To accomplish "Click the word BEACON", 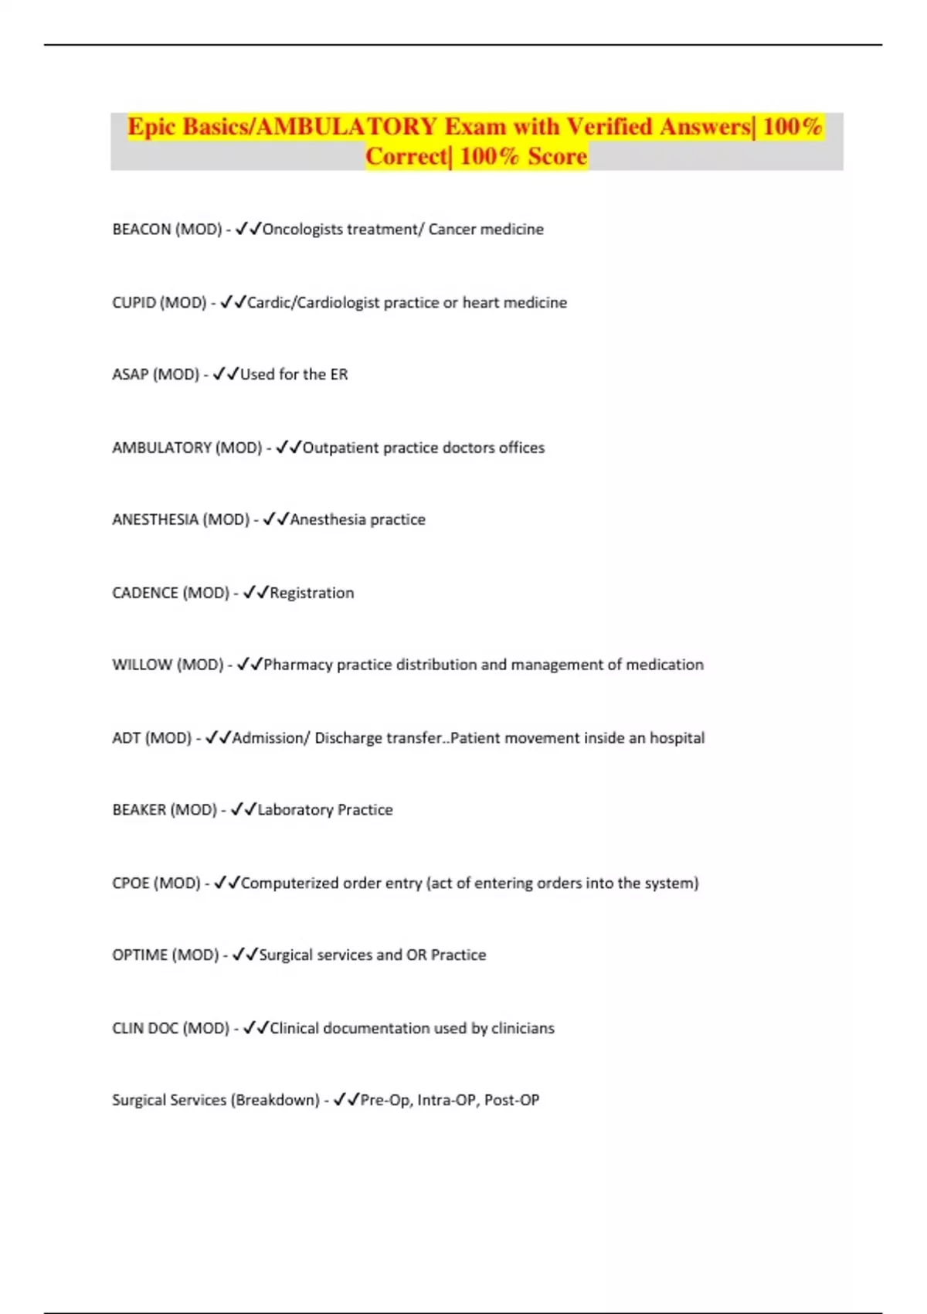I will [141, 230].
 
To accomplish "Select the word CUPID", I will [134, 303].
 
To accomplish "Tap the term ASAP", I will [130, 375].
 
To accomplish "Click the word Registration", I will [311, 594].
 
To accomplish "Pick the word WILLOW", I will [142, 665].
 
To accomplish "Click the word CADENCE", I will [144, 594].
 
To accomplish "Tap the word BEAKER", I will [139, 810].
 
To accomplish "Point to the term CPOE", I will [131, 883].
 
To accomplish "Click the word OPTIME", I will [140, 955].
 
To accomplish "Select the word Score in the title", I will [557, 156].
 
